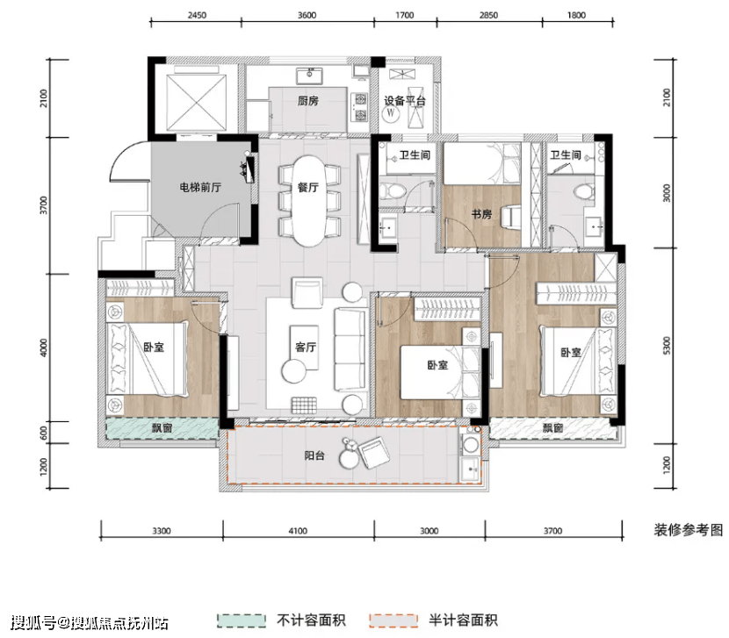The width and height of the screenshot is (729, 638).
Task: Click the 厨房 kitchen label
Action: click(x=308, y=101)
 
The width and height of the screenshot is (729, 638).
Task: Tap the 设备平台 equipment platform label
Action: click(x=405, y=101)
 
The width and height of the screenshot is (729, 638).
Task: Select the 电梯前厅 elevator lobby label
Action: click(x=200, y=188)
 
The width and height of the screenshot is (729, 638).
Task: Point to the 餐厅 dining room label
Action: click(x=308, y=188)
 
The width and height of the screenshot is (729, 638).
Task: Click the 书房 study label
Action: click(x=481, y=214)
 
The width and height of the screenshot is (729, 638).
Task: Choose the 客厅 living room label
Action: click(x=306, y=348)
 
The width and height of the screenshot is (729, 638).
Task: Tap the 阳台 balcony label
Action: click(x=314, y=455)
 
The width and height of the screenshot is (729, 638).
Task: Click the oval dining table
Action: click(x=308, y=201)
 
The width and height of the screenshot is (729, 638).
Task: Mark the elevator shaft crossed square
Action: click(x=197, y=101)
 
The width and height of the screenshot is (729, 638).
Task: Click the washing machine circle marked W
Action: click(x=391, y=113)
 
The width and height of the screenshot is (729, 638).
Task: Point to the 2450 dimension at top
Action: click(x=197, y=15)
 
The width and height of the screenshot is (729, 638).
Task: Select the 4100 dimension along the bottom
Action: click(x=298, y=531)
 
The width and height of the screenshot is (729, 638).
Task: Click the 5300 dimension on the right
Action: click(x=667, y=346)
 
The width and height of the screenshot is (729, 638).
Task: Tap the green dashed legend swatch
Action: click(x=242, y=620)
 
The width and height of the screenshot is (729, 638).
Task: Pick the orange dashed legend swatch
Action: click(x=393, y=620)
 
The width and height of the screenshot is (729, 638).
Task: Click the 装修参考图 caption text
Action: click(x=689, y=530)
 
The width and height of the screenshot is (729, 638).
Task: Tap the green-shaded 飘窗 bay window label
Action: click(x=162, y=428)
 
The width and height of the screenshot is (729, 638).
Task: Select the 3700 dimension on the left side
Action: click(x=44, y=205)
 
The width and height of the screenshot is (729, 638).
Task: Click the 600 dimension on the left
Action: click(x=44, y=433)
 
